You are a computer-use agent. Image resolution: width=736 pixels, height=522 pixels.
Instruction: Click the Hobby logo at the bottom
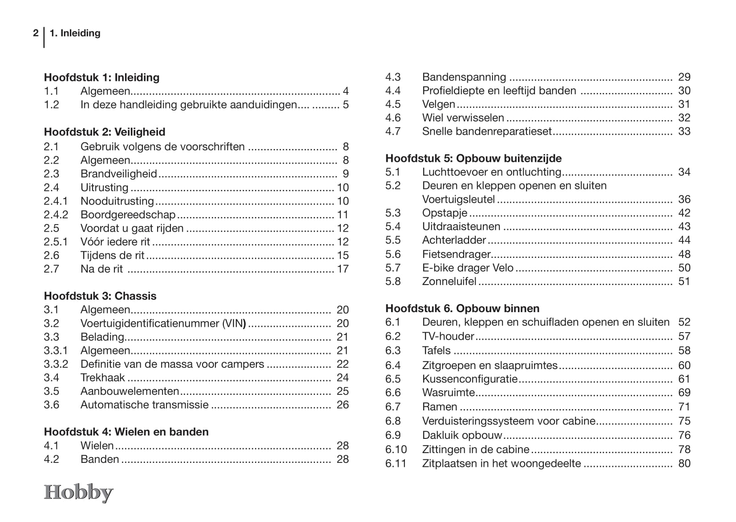point(78,493)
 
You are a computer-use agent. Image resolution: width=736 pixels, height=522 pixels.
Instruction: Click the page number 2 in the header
point(36,33)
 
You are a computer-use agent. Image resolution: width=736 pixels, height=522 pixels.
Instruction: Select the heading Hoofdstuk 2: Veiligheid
point(105,132)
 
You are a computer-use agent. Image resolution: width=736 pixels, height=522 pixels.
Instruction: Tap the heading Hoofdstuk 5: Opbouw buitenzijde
point(473,158)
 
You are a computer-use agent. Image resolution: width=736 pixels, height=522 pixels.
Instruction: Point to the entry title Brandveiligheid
point(119,174)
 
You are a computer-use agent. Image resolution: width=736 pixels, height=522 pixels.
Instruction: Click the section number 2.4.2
point(56,215)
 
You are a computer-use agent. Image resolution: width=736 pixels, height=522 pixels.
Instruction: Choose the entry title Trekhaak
point(103,377)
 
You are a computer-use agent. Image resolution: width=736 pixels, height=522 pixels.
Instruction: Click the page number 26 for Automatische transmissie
point(343,405)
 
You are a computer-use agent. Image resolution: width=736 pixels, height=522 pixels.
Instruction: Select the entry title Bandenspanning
point(464,77)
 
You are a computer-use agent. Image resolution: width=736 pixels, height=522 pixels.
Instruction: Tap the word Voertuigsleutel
point(458,199)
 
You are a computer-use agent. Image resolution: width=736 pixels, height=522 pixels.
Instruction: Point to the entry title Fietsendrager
point(456,254)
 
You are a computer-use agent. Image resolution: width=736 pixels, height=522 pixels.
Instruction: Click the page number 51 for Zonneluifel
point(684,281)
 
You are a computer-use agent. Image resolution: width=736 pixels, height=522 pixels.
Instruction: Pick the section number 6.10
point(396,450)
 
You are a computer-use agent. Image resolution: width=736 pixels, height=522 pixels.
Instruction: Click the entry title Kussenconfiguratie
point(470,379)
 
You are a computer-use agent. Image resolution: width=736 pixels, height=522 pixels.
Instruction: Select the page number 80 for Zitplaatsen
point(684,463)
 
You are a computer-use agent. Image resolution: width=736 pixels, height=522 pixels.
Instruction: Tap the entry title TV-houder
point(448,336)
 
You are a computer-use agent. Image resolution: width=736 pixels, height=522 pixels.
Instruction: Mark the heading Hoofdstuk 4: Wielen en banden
point(126,432)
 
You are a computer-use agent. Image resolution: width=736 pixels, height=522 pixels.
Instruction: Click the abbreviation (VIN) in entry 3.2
point(234,323)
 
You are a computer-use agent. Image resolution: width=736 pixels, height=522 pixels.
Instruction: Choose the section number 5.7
point(393,268)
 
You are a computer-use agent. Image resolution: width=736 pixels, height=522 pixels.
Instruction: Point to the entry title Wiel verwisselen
point(463,118)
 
